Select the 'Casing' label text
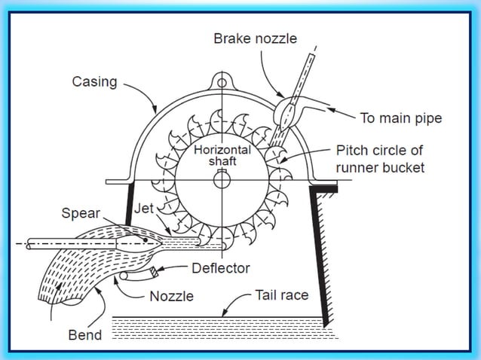point(95,81)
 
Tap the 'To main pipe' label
point(400,118)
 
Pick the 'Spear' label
point(80,213)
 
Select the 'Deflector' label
point(220,267)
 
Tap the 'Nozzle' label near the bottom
point(171,295)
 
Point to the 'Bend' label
point(84,334)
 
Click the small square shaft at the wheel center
point(222,180)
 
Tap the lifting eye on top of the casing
point(222,81)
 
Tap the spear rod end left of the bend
point(28,243)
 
